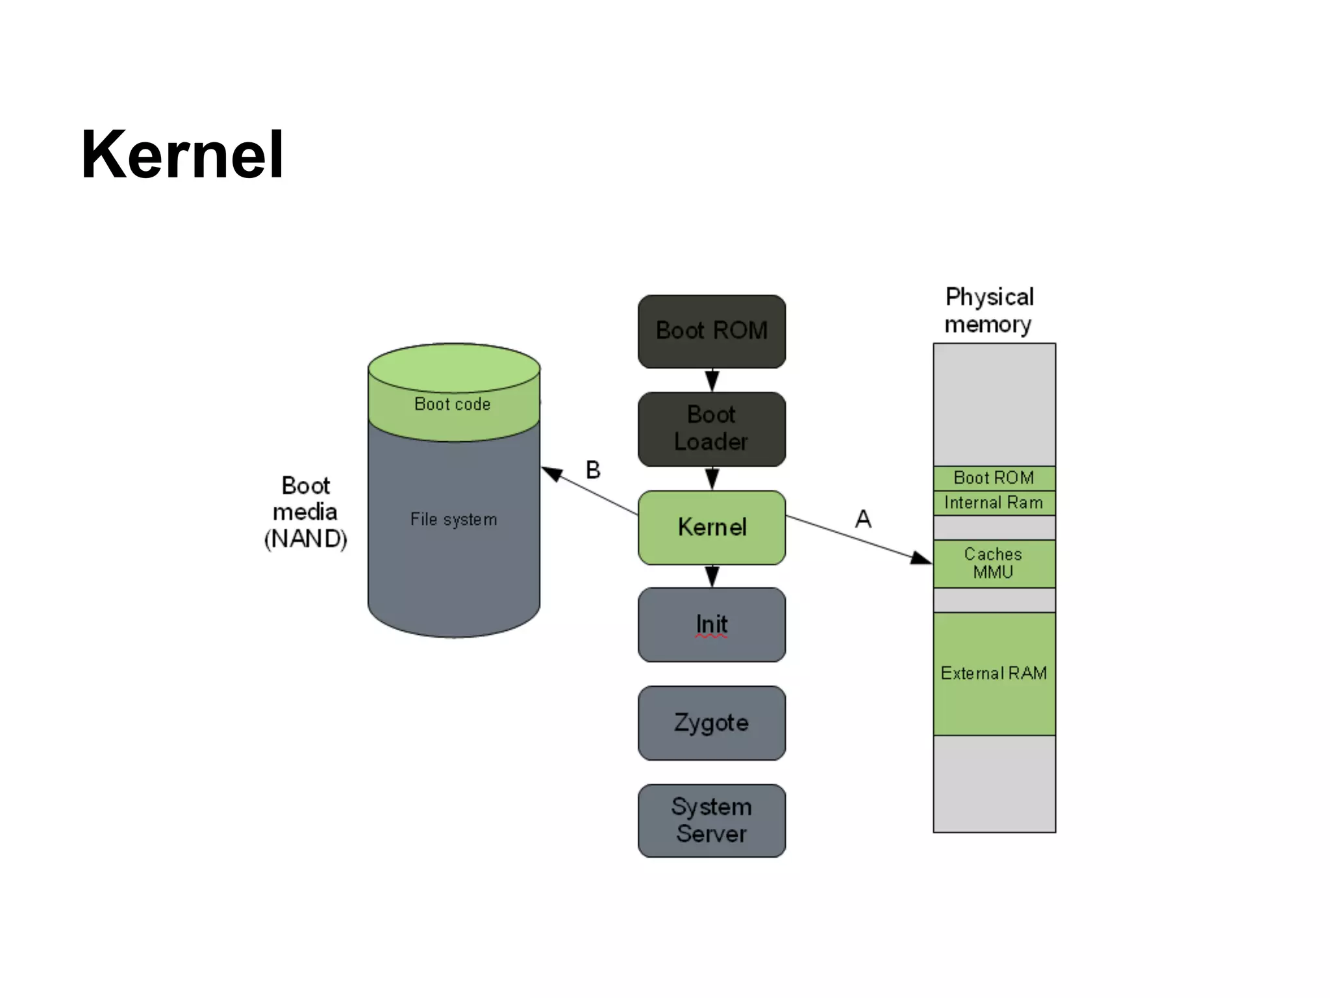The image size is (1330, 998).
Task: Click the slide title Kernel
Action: (x=182, y=155)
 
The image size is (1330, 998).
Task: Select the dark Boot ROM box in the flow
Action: (x=711, y=331)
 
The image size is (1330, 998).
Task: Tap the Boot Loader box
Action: (x=711, y=429)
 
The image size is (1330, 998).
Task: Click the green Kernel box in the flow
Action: (x=711, y=527)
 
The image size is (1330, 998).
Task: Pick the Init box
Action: (x=711, y=624)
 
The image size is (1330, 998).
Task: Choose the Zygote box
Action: (x=711, y=723)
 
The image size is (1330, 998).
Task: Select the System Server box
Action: (x=711, y=820)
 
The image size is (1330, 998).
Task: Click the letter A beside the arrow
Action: (x=862, y=518)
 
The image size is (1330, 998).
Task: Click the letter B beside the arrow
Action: (x=593, y=470)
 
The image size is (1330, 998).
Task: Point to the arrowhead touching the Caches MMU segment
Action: (x=922, y=557)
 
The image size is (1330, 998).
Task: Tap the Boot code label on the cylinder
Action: (x=453, y=404)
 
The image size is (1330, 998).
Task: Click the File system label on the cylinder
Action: (x=453, y=519)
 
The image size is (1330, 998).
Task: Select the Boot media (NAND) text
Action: (x=305, y=512)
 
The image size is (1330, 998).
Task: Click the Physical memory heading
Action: (x=988, y=310)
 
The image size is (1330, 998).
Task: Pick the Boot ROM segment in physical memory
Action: (x=994, y=478)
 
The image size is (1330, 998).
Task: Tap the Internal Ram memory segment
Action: (x=994, y=502)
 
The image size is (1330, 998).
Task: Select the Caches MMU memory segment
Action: (x=994, y=563)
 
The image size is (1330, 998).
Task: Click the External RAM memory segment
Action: (x=994, y=673)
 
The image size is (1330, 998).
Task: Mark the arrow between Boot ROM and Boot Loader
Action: (x=712, y=380)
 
